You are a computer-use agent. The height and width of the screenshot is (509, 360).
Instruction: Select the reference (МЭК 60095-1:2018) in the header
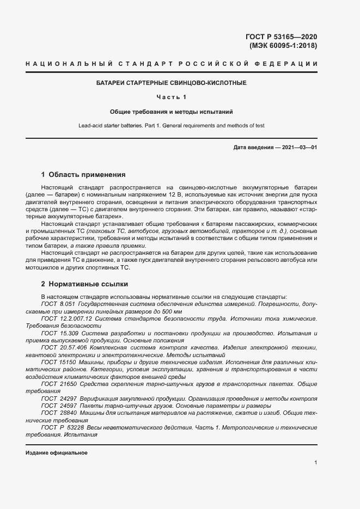coord(283,46)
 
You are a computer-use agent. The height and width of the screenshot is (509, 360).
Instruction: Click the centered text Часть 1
coord(172,97)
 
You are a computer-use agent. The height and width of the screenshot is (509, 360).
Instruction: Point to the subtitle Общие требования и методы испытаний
coord(172,112)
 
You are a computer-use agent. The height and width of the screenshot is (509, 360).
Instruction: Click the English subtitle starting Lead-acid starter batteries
coord(172,126)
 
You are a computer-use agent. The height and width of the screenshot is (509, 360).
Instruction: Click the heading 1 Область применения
coord(83,175)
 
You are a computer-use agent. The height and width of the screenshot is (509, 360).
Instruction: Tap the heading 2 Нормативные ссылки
coord(84,284)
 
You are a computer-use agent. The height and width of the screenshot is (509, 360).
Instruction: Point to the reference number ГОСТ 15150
coord(58,362)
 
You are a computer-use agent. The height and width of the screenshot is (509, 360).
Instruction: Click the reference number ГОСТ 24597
coord(58,406)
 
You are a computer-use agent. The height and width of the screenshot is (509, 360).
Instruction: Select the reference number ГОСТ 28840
coord(58,413)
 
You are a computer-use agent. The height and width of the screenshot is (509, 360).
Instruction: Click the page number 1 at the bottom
coord(316,462)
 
